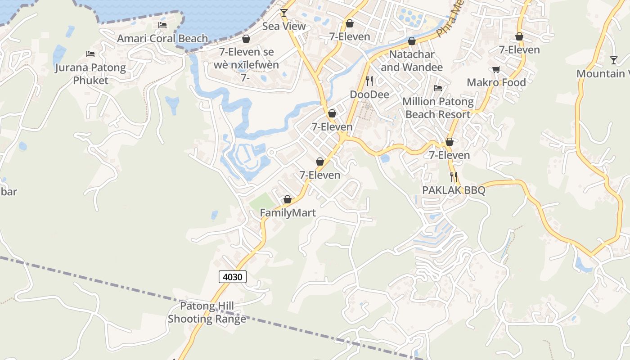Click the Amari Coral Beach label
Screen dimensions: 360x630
(162, 38)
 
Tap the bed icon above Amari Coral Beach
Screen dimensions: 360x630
(162, 25)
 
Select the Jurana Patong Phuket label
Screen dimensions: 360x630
(91, 74)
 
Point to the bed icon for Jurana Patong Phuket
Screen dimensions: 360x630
(91, 54)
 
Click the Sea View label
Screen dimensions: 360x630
(284, 26)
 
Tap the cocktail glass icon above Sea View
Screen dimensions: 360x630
(284, 13)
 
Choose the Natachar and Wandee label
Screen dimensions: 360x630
(412, 61)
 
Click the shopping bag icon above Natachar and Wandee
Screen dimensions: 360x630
(412, 41)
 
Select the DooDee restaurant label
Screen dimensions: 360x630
(369, 94)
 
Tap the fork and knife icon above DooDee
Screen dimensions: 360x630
(369, 81)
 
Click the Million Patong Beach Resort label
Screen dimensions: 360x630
(438, 108)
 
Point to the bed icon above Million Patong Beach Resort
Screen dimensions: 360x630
(438, 88)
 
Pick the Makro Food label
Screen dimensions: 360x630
(496, 82)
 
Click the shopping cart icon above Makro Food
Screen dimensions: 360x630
(496, 69)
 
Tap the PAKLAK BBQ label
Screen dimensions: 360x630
(454, 190)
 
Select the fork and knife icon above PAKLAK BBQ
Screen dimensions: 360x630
(454, 176)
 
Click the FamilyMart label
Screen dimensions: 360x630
(288, 213)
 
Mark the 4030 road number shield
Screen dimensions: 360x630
(233, 277)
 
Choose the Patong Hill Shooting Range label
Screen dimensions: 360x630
(207, 313)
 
